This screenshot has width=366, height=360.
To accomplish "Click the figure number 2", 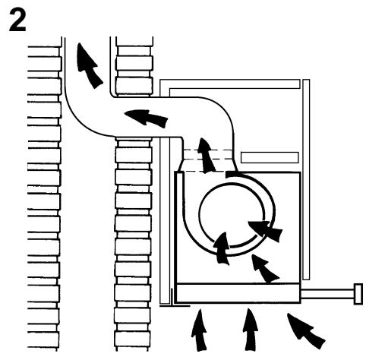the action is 17,21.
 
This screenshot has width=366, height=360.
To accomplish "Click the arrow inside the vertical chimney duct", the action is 89,65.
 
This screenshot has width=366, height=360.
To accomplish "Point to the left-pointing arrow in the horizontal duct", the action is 146,118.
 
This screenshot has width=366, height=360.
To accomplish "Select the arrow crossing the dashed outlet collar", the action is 206,156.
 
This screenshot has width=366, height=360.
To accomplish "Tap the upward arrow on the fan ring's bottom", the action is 222,248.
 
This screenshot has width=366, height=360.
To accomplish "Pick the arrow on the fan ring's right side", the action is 266,231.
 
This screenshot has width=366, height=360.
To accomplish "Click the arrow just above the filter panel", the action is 264,269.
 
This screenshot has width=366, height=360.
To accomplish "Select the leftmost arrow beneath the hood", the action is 199,330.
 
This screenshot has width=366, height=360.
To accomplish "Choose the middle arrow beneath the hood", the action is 250,330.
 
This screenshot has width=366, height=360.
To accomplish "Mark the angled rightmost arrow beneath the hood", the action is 305,330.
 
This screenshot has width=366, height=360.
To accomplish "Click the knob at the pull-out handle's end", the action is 358,294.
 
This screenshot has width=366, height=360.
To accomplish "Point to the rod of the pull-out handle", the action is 327,294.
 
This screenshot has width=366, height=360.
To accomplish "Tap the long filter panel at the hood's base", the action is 238,292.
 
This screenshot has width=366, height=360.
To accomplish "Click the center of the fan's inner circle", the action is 232,215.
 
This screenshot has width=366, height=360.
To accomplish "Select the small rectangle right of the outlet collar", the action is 270,157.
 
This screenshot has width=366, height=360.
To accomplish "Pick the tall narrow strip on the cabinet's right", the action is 306,179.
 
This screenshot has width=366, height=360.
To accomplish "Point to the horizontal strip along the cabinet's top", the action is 230,84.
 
